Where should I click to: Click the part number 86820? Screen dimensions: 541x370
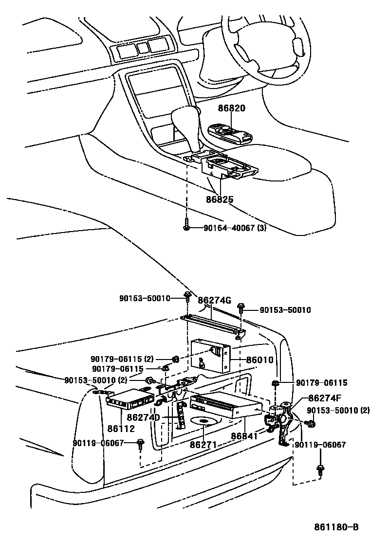(x=231, y=109)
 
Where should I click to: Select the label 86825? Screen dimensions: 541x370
(x=219, y=199)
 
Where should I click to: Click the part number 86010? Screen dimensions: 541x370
(x=259, y=361)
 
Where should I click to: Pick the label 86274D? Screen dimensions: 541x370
(x=144, y=417)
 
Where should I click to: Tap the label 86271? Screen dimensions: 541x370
(x=203, y=445)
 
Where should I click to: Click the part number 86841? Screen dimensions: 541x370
(x=245, y=436)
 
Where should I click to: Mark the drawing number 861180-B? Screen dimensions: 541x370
(x=336, y=527)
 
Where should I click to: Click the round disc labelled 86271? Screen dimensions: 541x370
(x=204, y=421)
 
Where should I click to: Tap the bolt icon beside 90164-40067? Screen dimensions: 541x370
(x=187, y=227)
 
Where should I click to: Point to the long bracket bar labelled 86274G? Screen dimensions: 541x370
(x=212, y=325)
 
